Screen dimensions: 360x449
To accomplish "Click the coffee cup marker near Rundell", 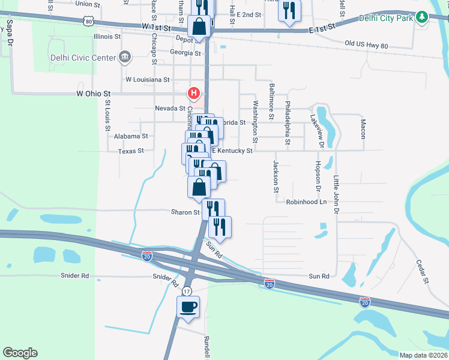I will (x=188, y=307).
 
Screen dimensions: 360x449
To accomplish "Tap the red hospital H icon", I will (x=193, y=94).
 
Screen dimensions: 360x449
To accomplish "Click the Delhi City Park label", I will (x=387, y=18).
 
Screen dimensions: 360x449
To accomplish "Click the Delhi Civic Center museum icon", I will (x=125, y=58).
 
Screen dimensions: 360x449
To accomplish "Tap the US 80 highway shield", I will (x=89, y=22).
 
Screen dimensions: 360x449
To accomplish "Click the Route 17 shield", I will (x=187, y=291).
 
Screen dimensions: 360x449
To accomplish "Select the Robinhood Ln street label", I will (x=306, y=202).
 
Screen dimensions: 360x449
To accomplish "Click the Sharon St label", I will (x=185, y=212).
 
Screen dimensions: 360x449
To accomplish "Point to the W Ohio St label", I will (x=94, y=94).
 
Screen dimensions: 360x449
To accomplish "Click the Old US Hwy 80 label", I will (x=367, y=45).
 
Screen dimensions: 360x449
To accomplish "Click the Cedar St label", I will (x=423, y=271).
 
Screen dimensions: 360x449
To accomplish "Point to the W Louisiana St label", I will (x=148, y=79).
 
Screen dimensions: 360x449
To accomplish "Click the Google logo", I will (x=20, y=352).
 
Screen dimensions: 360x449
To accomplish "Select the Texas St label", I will (x=131, y=151).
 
